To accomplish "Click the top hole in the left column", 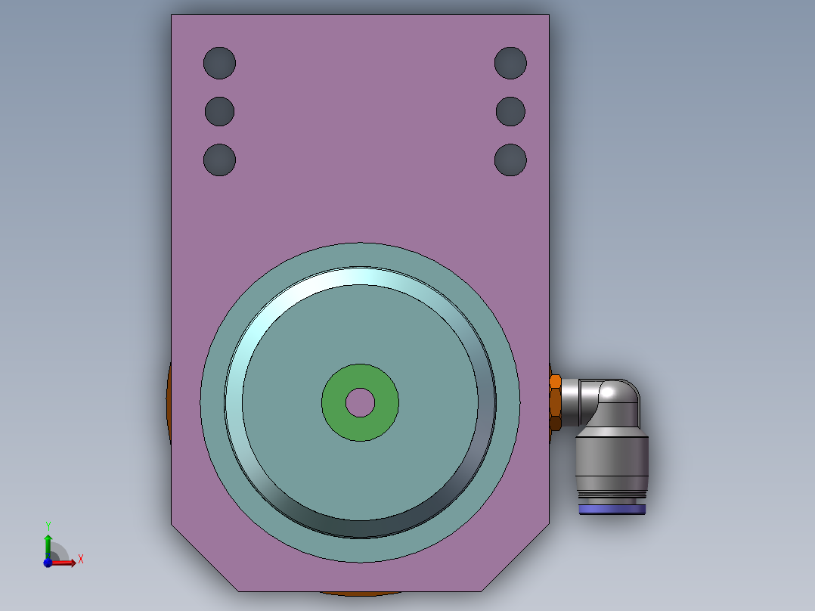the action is [x=219, y=63].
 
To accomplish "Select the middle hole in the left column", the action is [x=219, y=111].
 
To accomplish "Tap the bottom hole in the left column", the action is [x=219, y=160].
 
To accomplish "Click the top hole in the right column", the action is [x=510, y=63].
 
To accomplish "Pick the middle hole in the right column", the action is [x=510, y=111].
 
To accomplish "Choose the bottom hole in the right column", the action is [x=510, y=160].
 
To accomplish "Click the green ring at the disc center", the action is [x=333, y=402].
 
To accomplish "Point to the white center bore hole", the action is [x=360, y=402].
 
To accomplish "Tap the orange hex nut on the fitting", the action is [x=555, y=402].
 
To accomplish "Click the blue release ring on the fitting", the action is [x=612, y=510].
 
